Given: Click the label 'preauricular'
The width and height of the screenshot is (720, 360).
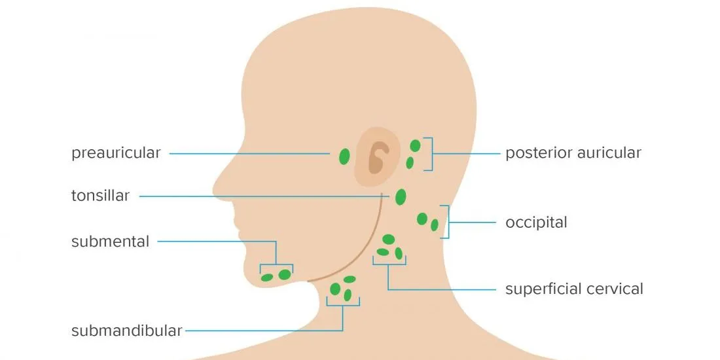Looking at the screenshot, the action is (x=116, y=153).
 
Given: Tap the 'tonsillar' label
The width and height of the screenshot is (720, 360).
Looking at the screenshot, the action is (x=100, y=196).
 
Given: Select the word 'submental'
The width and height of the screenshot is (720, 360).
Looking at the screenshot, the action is (x=110, y=242).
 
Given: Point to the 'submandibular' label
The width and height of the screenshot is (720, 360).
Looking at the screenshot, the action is (x=127, y=331).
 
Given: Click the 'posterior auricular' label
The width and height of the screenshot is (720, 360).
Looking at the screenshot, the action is (x=573, y=153).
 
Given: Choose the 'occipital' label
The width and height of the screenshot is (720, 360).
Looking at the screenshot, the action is (x=536, y=223).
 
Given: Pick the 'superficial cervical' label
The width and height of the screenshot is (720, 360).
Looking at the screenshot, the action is (x=574, y=289).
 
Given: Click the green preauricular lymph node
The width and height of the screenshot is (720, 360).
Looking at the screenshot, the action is (x=344, y=156).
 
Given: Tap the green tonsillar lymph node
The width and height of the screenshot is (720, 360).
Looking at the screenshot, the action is (x=401, y=197).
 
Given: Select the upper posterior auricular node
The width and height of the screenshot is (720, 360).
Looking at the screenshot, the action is (x=415, y=146).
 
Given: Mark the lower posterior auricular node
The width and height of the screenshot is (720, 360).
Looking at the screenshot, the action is (x=410, y=162).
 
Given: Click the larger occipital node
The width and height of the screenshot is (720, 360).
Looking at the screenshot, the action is (x=422, y=219).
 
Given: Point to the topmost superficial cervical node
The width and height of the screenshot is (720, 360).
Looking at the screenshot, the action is (x=388, y=239).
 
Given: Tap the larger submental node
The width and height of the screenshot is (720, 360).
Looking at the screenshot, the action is (x=285, y=275).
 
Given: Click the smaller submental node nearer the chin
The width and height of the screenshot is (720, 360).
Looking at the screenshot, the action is (x=267, y=278).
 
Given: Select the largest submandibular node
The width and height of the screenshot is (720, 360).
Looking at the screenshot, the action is (x=335, y=289).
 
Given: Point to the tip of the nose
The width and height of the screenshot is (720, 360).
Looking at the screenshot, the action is (x=214, y=189).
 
